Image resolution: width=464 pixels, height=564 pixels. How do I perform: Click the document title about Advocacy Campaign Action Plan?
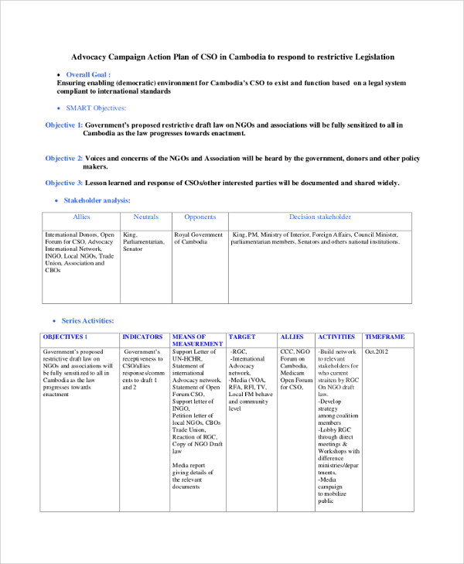pyautogui.click(x=233, y=57)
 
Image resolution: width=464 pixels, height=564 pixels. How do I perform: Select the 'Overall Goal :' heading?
pyautogui.click(x=88, y=74)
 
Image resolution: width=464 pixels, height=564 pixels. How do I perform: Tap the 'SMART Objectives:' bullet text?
pyautogui.click(x=96, y=108)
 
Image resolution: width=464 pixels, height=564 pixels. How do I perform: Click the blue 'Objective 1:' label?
pyautogui.click(x=64, y=125)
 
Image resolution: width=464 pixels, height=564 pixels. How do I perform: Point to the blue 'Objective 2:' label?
pyautogui.click(x=64, y=159)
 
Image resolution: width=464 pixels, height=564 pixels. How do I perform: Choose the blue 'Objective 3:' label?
pyautogui.click(x=64, y=183)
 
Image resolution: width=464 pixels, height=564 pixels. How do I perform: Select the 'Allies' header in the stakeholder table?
pyautogui.click(x=81, y=217)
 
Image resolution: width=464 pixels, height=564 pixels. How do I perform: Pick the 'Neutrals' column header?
pyautogui.click(x=146, y=217)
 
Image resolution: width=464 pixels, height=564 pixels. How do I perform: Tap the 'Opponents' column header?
pyautogui.click(x=200, y=217)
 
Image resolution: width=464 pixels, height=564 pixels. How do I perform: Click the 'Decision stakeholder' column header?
pyautogui.click(x=319, y=217)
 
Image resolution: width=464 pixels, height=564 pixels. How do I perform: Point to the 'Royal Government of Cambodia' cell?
pyautogui.click(x=199, y=238)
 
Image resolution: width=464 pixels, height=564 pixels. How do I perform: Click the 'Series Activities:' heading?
pyautogui.click(x=90, y=320)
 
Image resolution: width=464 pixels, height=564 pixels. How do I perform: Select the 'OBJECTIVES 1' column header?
pyautogui.click(x=65, y=337)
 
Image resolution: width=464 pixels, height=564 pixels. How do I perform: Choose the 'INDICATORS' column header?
pyautogui.click(x=143, y=337)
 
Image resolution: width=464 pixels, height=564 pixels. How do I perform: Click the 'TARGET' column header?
pyautogui.click(x=242, y=337)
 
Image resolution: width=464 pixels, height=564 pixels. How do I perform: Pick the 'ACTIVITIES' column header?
pyautogui.click(x=337, y=337)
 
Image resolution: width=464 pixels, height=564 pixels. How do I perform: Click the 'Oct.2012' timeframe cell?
pyautogui.click(x=377, y=351)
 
